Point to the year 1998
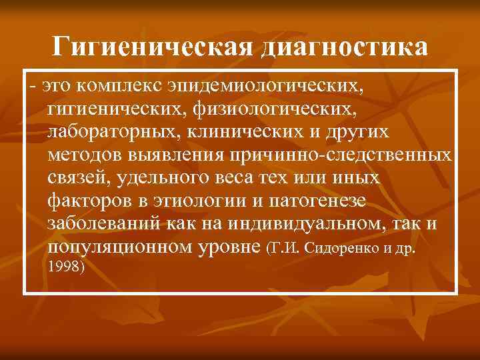(x=65, y=268)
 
